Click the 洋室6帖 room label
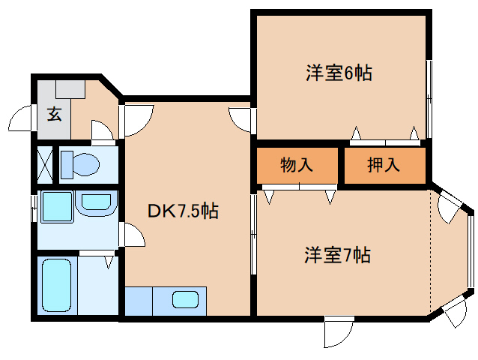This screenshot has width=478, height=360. tap(339, 73)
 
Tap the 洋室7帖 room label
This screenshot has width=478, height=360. tap(337, 255)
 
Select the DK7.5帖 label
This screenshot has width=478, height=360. tap(183, 211)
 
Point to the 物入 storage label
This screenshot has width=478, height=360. tap(297, 166)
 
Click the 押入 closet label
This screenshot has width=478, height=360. tap(384, 166)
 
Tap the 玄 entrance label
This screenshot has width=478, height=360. tap(55, 115)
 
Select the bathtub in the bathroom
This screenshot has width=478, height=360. tap(56, 286)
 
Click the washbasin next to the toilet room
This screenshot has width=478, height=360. tap(95, 202)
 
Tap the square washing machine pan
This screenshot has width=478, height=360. tap(56, 206)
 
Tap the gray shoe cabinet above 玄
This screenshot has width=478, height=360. tap(68, 88)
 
